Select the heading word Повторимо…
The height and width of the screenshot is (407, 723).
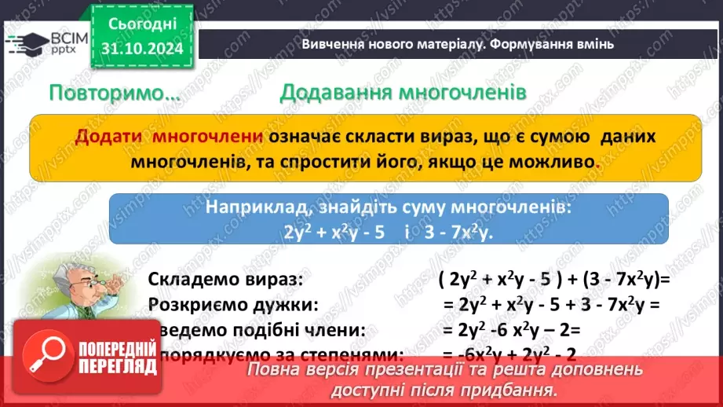pos(114,93)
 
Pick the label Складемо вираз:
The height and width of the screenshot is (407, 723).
pos(219,280)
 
